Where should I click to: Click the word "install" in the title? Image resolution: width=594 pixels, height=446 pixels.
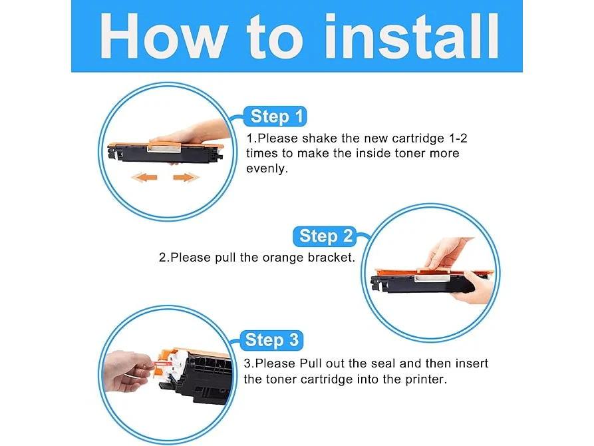pyautogui.click(x=412, y=36)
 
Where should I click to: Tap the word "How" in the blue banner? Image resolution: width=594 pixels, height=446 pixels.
pyautogui.click(x=163, y=36)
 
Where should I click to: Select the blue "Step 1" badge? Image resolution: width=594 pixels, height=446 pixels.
pyautogui.click(x=275, y=116)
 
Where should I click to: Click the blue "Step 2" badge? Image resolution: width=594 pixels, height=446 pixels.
pyautogui.click(x=325, y=236)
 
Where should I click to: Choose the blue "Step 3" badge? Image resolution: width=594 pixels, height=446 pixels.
pyautogui.click(x=271, y=339)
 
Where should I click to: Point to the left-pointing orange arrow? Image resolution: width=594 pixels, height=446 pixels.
pyautogui.click(x=144, y=177)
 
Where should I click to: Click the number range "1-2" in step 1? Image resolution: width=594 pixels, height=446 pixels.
pyautogui.click(x=458, y=138)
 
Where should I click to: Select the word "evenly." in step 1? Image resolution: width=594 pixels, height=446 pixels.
pyautogui.click(x=267, y=169)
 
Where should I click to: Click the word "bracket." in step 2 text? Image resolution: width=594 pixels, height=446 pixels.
pyautogui.click(x=331, y=258)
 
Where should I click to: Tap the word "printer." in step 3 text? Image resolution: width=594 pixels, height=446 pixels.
pyautogui.click(x=426, y=379)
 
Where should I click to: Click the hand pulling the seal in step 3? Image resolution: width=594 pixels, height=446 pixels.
pyautogui.click(x=128, y=371)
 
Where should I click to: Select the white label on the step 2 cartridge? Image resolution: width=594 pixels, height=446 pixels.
pyautogui.click(x=432, y=278)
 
